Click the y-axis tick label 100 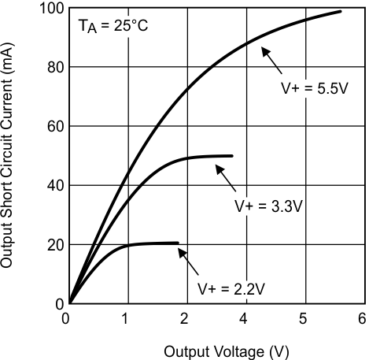50,8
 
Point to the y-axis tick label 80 54,67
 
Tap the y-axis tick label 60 54,126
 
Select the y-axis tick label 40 54,185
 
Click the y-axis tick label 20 54,244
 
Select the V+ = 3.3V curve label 269,206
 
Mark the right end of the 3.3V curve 233,156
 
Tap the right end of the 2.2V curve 178,243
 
